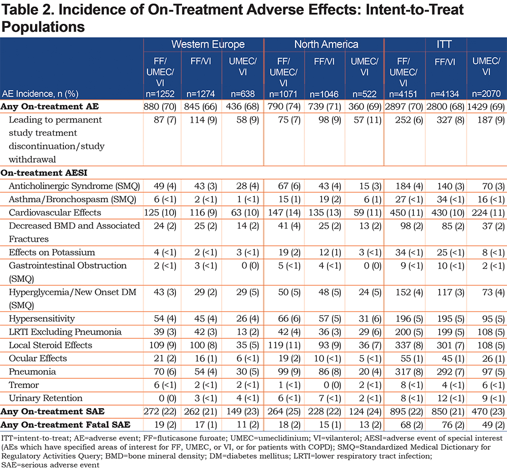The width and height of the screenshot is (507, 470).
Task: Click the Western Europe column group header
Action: coord(208,44)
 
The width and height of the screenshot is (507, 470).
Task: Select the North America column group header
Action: coord(326,44)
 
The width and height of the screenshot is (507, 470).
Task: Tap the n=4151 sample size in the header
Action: coord(403,94)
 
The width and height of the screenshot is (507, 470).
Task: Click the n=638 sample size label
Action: coord(242,94)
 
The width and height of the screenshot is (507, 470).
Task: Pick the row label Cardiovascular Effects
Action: coord(55,212)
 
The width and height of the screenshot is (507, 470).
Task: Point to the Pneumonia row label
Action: coord(32,372)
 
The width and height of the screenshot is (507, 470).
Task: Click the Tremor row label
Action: coord(24,385)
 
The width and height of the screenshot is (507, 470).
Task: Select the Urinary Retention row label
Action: coord(46,398)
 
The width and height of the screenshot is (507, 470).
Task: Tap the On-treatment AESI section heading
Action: coord(44,172)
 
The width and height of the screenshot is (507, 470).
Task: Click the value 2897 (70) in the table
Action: coord(404,106)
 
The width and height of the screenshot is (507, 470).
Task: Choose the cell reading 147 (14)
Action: coord(284,212)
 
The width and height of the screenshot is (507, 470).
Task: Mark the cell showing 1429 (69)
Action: coord(486,106)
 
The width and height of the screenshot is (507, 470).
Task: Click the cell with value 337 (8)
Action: coord(409,345)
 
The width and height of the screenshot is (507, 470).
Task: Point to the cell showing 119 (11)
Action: coord(284,345)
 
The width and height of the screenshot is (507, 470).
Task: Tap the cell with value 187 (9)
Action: coord(491,120)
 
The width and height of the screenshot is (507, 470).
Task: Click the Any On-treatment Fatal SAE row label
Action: coord(65,425)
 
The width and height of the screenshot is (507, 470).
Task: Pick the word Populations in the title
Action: coord(43,27)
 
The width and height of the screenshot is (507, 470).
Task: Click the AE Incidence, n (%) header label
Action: coord(40,94)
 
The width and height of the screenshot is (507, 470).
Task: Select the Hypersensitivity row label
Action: coord(42,319)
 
